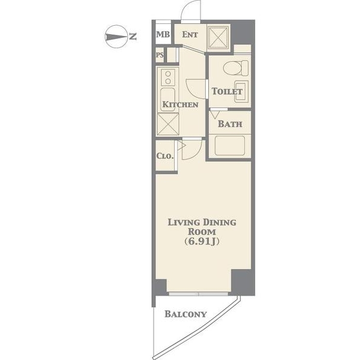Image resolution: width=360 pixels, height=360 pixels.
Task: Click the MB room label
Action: [x=163, y=34]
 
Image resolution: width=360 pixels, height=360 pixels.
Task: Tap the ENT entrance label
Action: [x=190, y=34]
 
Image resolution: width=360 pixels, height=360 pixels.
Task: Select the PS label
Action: [x=160, y=55]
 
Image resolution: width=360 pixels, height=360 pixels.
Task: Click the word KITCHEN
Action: [x=180, y=104]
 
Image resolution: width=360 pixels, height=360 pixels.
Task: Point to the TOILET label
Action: [x=227, y=91]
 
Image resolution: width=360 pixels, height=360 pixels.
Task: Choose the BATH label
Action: [x=230, y=124]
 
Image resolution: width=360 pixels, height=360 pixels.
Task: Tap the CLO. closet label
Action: [x=165, y=156]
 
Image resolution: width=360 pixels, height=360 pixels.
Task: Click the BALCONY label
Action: [x=185, y=314]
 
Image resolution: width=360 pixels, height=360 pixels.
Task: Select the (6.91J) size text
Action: [x=202, y=241]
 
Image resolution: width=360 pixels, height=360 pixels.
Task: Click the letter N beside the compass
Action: [x=133, y=37]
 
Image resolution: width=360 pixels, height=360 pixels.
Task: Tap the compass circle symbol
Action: [x=116, y=37]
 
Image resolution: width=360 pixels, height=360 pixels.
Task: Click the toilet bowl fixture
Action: [x=236, y=68]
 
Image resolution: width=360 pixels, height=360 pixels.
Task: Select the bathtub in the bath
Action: [x=230, y=146]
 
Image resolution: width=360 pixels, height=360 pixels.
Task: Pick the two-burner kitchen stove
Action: [x=168, y=77]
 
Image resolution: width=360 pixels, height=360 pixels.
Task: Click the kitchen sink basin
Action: [x=167, y=100]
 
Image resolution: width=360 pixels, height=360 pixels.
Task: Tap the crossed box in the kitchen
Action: [x=168, y=124]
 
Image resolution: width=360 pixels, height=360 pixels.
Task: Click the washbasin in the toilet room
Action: [x=242, y=91]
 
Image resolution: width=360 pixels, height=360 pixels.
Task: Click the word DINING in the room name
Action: [x=219, y=223]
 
